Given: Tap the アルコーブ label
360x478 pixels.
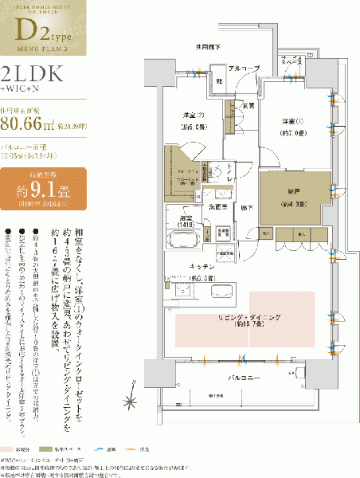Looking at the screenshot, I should click(241, 69).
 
